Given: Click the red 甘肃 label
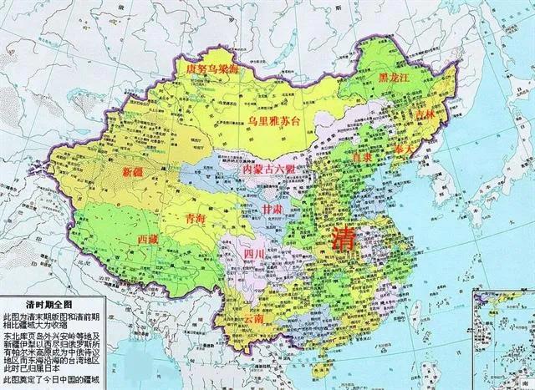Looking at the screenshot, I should coord(273,206).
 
